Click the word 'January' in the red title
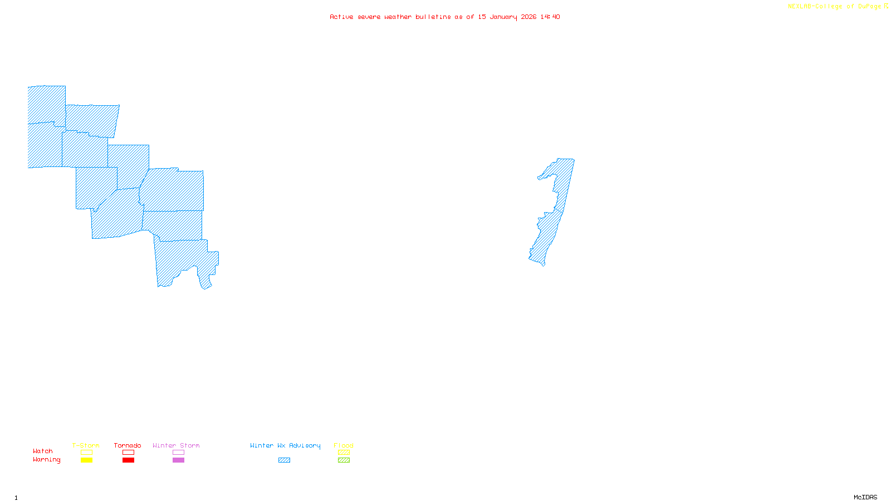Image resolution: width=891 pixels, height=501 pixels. click(504, 17)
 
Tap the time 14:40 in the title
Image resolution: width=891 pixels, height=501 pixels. click(550, 17)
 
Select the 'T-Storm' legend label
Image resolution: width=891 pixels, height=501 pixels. click(86, 445)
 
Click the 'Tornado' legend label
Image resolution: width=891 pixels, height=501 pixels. click(128, 445)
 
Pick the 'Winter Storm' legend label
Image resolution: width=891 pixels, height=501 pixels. click(176, 445)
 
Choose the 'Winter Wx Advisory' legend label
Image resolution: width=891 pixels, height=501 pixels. click(285, 445)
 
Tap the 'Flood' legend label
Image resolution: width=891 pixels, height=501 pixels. click(344, 445)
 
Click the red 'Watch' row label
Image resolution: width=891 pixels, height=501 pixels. click(43, 451)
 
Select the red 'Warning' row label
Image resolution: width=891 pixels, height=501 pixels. click(47, 460)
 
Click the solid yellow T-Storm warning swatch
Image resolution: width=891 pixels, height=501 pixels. click(86, 460)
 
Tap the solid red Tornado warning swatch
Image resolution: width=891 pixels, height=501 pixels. click(128, 460)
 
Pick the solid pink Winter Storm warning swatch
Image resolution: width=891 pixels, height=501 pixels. click(178, 460)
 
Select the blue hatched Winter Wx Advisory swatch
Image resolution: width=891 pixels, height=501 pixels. click(284, 460)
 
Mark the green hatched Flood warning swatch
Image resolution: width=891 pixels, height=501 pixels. click(344, 460)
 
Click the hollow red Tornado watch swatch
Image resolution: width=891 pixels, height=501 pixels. click(128, 453)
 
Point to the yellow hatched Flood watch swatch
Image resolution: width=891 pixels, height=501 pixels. click(344, 453)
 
